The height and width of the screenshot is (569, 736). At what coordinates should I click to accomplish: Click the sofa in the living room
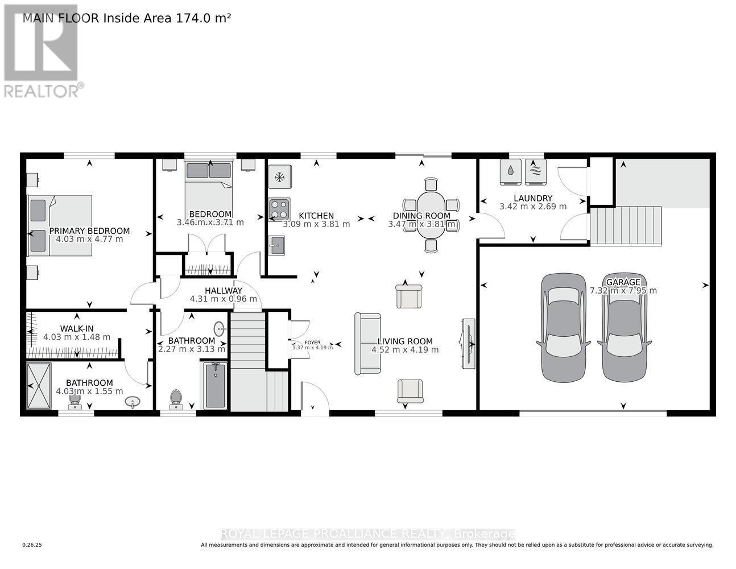point(367,343)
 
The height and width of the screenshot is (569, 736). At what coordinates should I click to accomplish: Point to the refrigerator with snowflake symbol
point(279,177)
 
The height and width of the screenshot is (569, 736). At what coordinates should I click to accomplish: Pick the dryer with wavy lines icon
point(535,171)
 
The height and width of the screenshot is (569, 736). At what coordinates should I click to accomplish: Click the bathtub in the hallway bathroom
point(216,386)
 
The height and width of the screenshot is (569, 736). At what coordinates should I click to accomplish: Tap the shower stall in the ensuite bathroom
point(39,386)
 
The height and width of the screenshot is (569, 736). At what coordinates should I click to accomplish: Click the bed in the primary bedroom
point(60,225)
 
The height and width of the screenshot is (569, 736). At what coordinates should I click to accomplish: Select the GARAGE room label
point(623,282)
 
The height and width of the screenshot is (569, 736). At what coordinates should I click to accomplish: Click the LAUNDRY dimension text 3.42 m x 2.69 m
point(533,207)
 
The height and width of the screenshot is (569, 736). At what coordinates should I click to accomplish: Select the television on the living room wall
point(468,343)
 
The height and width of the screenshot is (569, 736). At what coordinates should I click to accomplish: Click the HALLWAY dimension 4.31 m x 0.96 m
point(223,299)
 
